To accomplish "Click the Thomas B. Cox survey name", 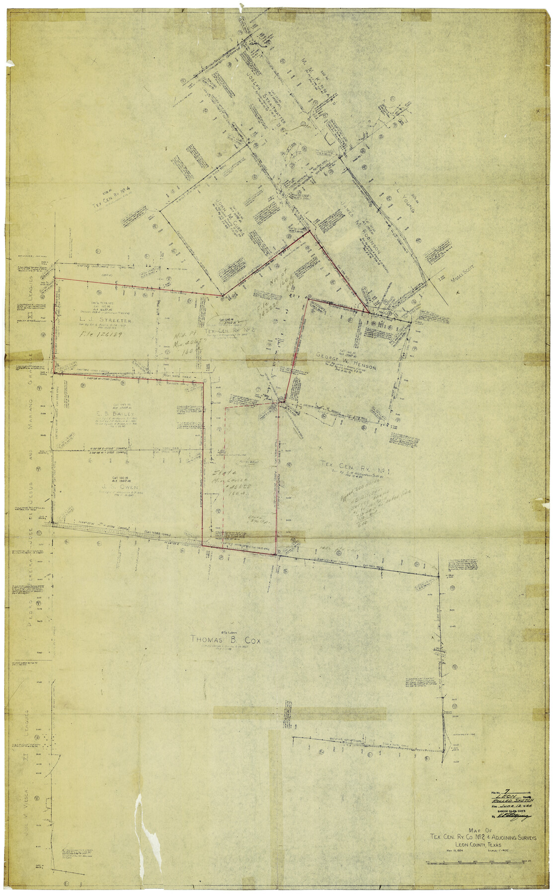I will coord(226,640).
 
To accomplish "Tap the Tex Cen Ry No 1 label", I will coord(355,467).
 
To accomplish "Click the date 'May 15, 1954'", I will coord(451,852).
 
